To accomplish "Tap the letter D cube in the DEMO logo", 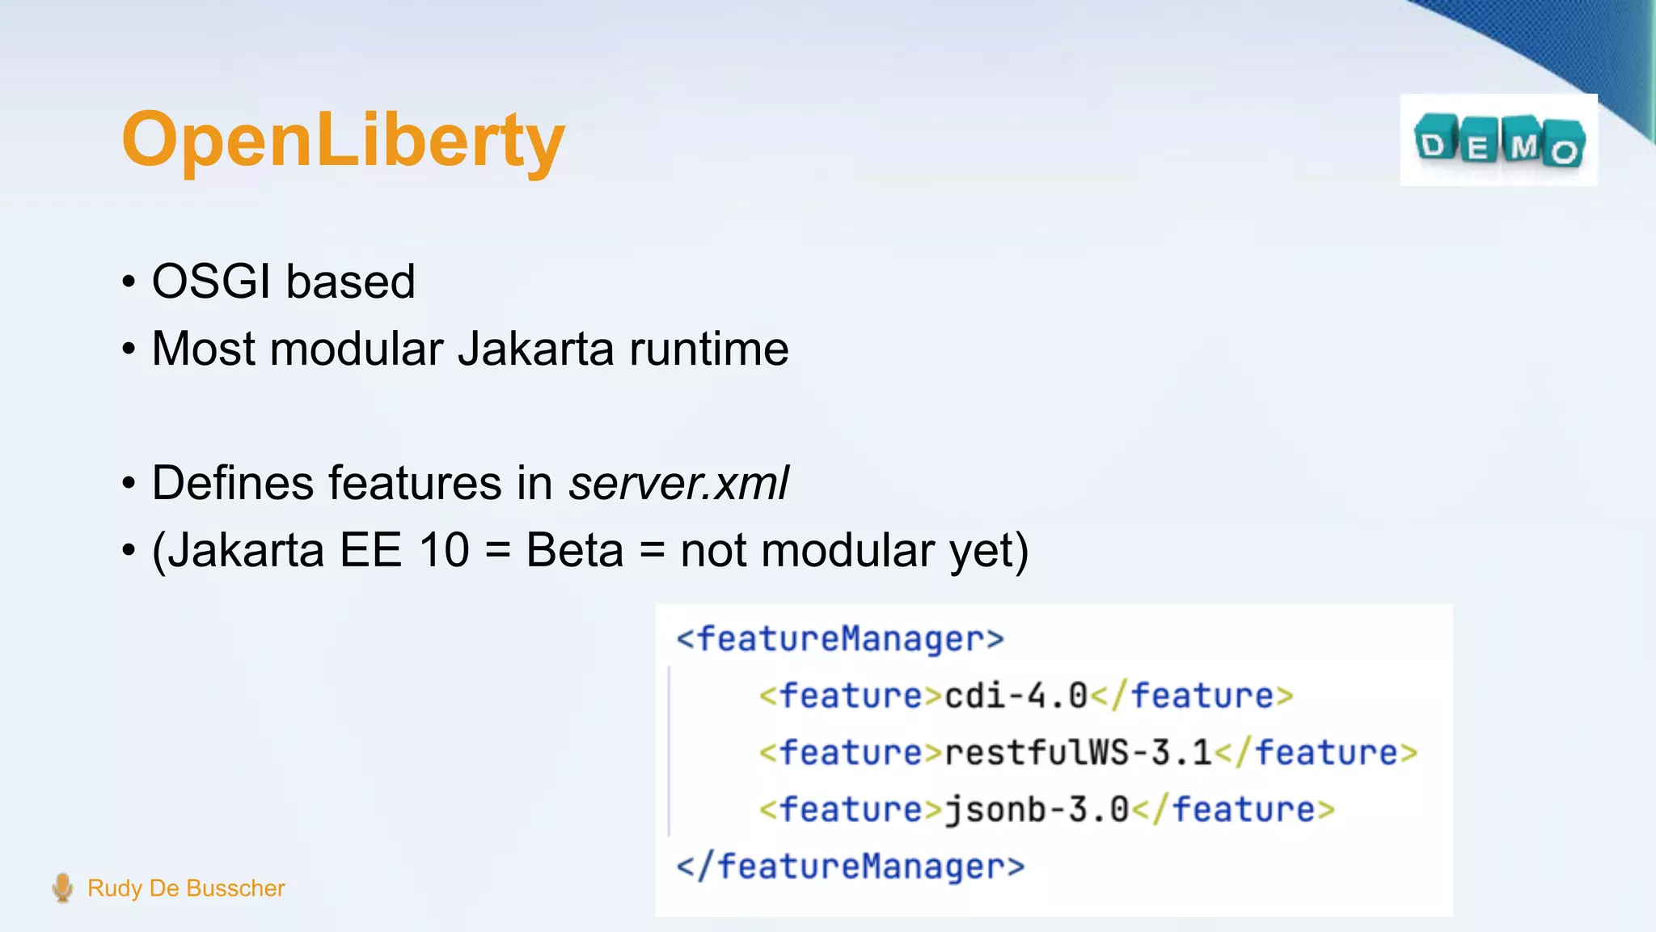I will coord(1434,142).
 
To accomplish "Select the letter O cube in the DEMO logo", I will coord(1564,149).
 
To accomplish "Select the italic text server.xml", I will coord(678,483).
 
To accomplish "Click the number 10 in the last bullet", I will coord(444,550).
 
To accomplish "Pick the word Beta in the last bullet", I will coord(575,550).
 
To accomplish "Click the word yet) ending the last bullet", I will coord(989,552).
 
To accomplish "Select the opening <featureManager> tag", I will coord(840,639).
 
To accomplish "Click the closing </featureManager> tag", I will coord(851,866).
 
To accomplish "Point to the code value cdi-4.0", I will coord(1016,696).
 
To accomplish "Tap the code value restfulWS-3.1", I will coord(1078,752).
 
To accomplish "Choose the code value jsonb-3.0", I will coord(1037,809).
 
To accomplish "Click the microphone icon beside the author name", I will coord(62,888).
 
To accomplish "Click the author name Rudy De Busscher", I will coord(186,888).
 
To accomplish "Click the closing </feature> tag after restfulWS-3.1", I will coord(1316,752).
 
